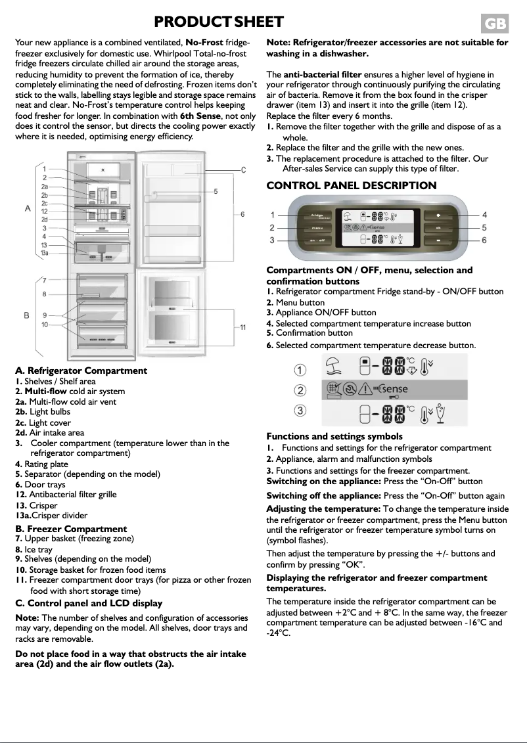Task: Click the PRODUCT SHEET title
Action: click(x=218, y=22)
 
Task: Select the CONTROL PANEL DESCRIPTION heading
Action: click(x=351, y=185)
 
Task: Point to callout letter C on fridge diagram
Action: click(x=242, y=170)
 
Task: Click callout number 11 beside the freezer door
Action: click(x=242, y=327)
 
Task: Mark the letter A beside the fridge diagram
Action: click(x=28, y=208)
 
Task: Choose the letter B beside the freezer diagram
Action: click(x=27, y=315)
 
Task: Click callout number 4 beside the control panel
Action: click(x=484, y=215)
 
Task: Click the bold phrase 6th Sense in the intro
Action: click(x=200, y=116)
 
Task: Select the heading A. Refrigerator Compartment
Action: click(x=81, y=371)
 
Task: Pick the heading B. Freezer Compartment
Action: click(x=71, y=529)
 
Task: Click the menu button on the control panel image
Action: click(x=316, y=228)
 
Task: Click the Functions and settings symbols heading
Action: click(x=334, y=436)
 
